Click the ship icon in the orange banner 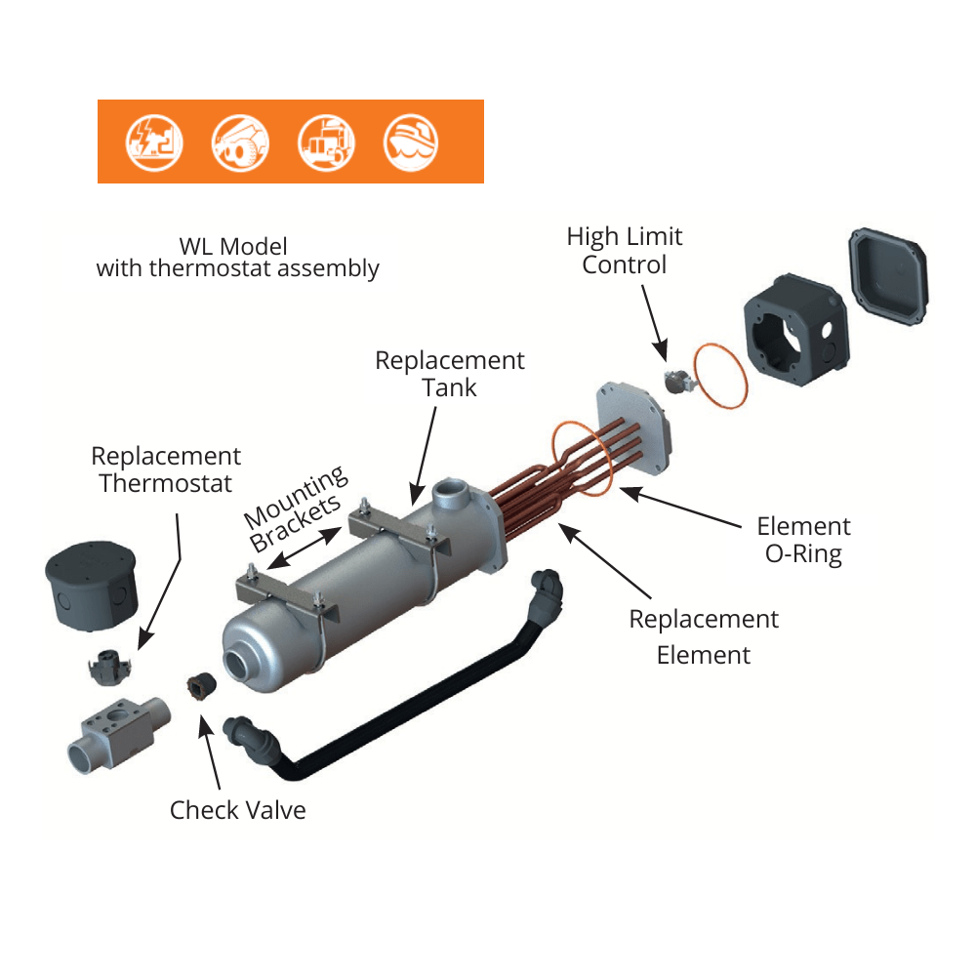click(411, 142)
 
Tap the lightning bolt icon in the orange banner click(153, 142)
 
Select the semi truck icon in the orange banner click(326, 142)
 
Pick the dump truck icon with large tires click(240, 142)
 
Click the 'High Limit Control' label click(625, 251)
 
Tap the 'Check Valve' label click(237, 810)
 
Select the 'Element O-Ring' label click(803, 540)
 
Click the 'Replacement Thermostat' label click(166, 469)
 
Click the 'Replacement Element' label click(704, 636)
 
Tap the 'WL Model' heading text click(234, 246)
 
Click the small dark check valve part click(200, 687)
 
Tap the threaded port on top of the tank click(454, 493)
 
